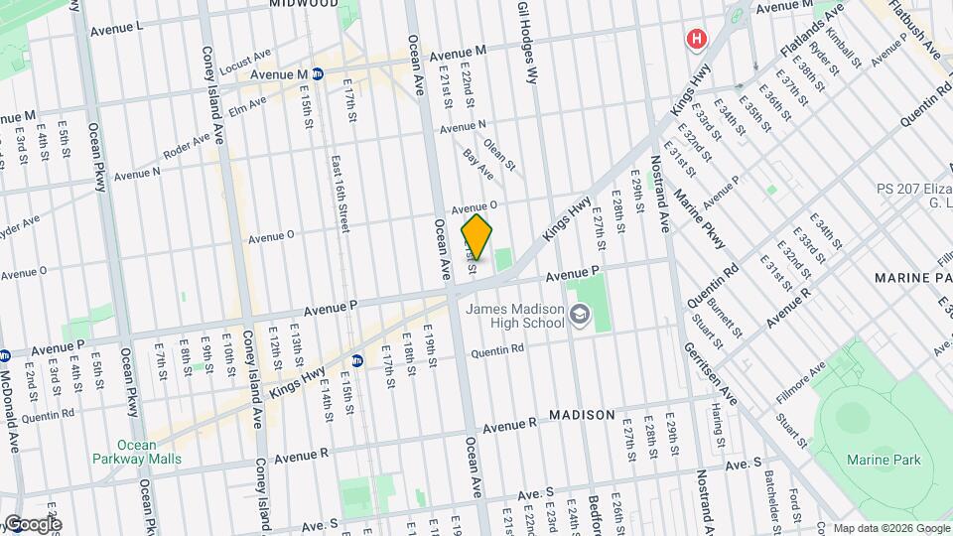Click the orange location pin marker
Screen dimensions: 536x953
(476, 236)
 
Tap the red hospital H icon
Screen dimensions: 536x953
(697, 39)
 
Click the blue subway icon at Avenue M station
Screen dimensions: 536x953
(318, 73)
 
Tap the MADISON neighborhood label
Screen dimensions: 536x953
(582, 414)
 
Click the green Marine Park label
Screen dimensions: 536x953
(884, 460)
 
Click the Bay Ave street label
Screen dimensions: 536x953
(478, 164)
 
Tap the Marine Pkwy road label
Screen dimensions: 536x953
(701, 219)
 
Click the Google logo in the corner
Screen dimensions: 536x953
(32, 524)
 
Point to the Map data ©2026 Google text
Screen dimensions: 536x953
(890, 527)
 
